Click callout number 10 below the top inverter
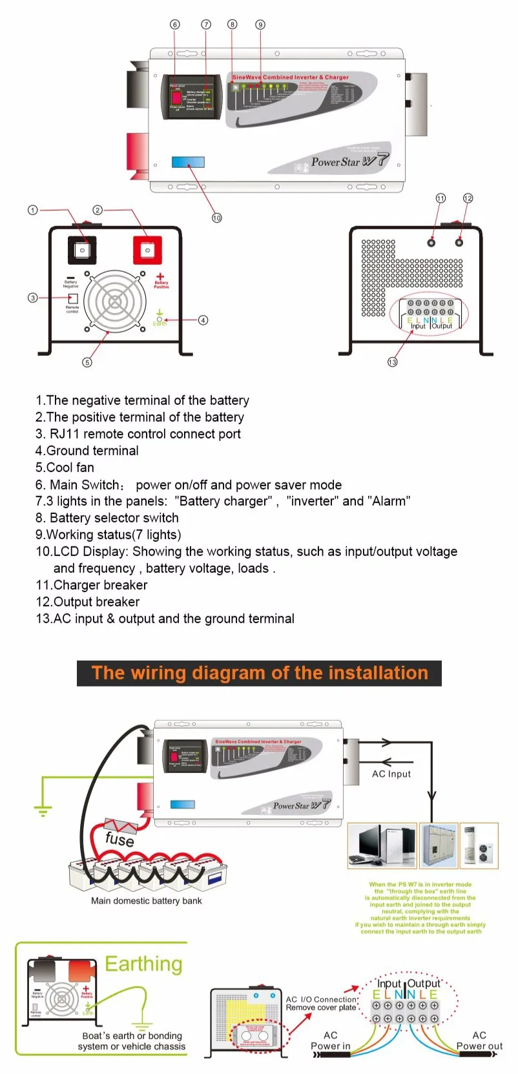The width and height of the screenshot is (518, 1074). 217,218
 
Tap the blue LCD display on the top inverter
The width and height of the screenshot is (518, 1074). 188,162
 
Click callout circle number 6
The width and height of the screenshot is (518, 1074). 174,25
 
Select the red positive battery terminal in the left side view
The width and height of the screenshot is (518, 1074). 147,250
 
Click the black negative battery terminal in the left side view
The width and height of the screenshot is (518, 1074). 82,249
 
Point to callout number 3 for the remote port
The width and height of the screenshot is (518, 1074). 32,298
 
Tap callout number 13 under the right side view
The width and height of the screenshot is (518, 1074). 393,362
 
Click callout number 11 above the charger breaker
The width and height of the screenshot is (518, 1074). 440,198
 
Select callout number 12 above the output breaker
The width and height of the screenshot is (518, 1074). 468,198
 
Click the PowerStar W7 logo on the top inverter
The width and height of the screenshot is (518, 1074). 349,161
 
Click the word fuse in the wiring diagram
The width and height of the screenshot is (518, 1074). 119,839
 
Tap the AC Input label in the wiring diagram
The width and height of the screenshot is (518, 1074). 391,774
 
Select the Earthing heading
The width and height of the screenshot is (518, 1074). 143,964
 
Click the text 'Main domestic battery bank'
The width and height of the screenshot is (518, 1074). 147,901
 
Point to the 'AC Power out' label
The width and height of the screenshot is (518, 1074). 479,1040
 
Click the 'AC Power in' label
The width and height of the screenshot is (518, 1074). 331,1040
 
